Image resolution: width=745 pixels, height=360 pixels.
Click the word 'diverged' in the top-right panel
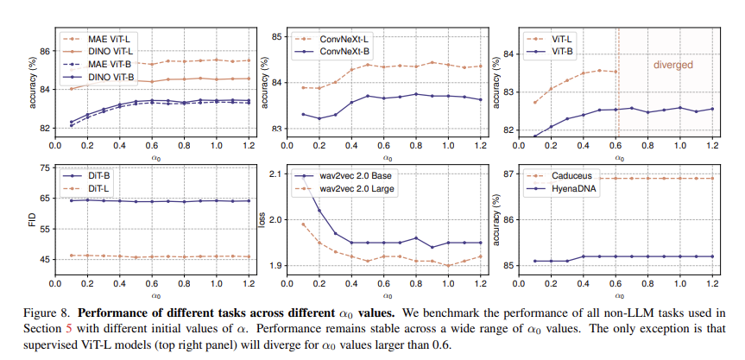pyautogui.click(x=672, y=65)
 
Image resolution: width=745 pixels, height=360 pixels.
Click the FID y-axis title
pyautogui.click(x=31, y=220)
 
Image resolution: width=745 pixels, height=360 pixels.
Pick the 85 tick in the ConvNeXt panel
pyautogui.click(x=279, y=37)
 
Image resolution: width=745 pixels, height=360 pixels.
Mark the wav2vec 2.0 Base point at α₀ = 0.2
pyautogui.click(x=319, y=210)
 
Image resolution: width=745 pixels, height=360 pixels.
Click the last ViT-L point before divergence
pyautogui.click(x=615, y=72)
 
